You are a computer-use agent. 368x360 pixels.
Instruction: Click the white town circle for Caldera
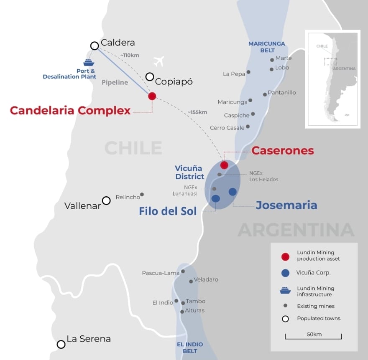(95, 46)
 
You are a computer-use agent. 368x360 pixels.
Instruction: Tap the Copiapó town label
(174, 81)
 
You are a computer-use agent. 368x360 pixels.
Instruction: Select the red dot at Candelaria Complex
(152, 96)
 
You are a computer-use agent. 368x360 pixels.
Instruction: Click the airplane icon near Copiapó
(158, 61)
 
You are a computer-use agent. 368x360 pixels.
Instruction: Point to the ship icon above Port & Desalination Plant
(88, 62)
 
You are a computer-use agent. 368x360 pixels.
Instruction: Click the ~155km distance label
(197, 112)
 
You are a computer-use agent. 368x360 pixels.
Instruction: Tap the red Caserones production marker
(224, 165)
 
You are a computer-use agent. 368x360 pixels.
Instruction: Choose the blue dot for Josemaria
(233, 191)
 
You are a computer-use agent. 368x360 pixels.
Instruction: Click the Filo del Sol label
(168, 211)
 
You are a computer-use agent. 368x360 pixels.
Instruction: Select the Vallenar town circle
(106, 200)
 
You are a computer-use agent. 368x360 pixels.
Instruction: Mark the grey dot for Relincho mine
(142, 194)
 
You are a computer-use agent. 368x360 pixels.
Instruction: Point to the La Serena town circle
(61, 344)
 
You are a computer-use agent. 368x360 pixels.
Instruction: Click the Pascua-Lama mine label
(161, 273)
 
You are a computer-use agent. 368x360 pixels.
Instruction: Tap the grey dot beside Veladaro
(191, 281)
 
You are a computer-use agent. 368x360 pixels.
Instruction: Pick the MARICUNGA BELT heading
(267, 47)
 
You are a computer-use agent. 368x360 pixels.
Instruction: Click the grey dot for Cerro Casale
(248, 127)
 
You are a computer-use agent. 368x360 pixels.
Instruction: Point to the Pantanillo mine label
(282, 92)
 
